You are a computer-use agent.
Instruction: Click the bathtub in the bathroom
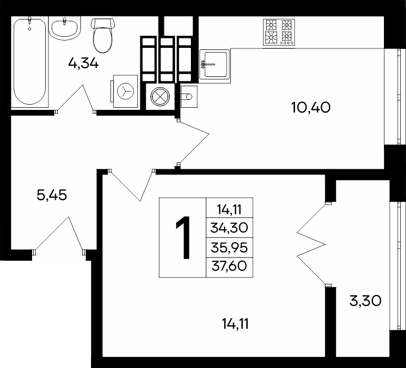(30, 62)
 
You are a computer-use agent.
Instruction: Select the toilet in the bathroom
(103, 35)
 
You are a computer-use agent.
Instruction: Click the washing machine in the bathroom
(125, 91)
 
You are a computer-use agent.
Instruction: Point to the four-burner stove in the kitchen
(279, 33)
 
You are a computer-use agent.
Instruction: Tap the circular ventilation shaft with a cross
(160, 97)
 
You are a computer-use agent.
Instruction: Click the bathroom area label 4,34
(84, 63)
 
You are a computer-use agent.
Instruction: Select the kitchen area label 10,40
(311, 107)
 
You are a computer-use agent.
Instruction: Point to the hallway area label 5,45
(52, 195)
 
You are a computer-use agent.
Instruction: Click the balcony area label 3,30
(366, 301)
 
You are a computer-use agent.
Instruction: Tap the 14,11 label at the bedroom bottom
(236, 324)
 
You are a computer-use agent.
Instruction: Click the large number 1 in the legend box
(184, 238)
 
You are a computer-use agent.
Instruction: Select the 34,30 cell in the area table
(229, 228)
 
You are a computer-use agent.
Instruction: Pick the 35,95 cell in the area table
(229, 248)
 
